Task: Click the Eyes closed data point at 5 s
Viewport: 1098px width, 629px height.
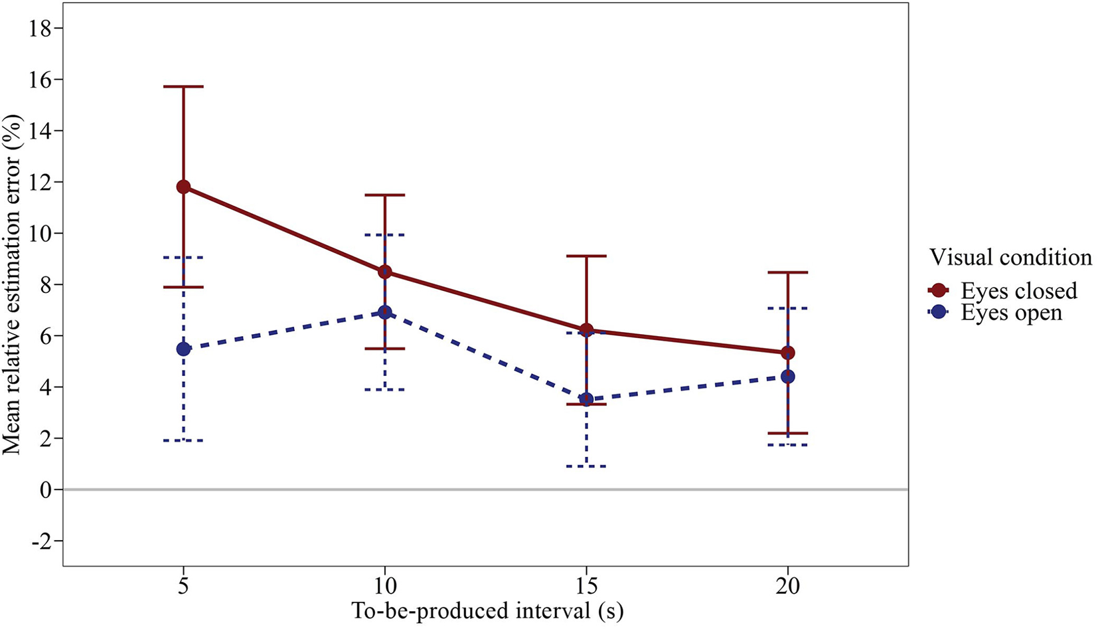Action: point(183,187)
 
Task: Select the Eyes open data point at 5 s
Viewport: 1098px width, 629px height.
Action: point(183,349)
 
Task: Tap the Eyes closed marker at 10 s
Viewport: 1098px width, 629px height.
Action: point(385,272)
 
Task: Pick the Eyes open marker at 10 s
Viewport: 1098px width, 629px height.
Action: point(385,312)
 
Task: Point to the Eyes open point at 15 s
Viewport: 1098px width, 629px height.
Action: point(586,399)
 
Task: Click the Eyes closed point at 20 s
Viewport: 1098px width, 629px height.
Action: point(788,353)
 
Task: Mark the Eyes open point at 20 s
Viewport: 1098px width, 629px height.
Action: point(788,377)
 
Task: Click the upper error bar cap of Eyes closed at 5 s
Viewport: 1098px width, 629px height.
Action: point(183,86)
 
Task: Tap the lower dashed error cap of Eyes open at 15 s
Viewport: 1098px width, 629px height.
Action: point(586,466)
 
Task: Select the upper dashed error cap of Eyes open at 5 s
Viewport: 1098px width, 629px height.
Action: point(183,257)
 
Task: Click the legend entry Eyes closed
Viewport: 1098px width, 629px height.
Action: point(1018,291)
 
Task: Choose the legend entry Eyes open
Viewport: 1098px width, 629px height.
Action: point(1011,312)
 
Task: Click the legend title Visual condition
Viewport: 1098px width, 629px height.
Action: point(1010,257)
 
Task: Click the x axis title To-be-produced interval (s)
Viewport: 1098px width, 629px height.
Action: point(487,611)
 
